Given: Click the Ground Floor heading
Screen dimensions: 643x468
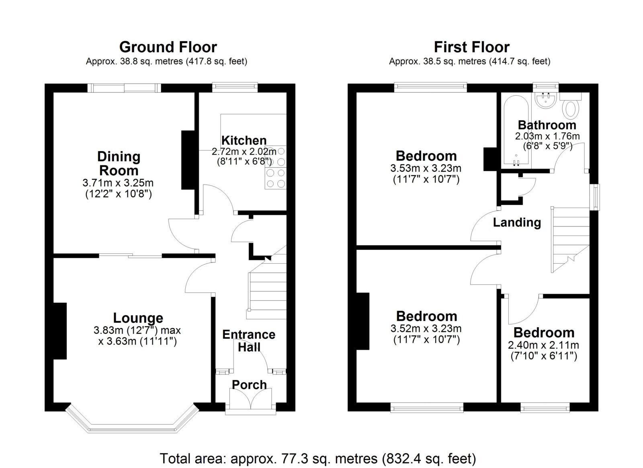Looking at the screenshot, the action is (168, 47).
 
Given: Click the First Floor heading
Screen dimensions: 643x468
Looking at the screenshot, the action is (472, 47).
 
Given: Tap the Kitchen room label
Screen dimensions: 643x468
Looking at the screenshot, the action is (244, 140).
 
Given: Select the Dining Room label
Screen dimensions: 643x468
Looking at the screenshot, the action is (119, 163).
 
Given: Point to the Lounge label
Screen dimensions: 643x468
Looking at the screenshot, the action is (138, 318).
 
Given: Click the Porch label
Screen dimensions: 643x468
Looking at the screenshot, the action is (249, 385).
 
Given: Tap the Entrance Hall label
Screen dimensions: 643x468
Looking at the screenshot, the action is (249, 341).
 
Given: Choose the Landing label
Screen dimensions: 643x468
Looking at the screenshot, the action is (517, 222).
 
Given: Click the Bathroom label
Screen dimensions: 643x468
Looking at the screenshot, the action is (547, 125).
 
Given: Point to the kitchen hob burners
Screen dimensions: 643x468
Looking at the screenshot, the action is (276, 167).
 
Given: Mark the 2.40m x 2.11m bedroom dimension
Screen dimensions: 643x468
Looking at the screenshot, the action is (544, 345).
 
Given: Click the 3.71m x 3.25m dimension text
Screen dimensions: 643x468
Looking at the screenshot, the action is (118, 183).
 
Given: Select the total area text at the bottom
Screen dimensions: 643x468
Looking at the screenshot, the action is (318, 458).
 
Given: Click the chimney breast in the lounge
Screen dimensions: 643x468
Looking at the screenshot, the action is (60, 331).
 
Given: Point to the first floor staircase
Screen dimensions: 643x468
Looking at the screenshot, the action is (570, 240).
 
